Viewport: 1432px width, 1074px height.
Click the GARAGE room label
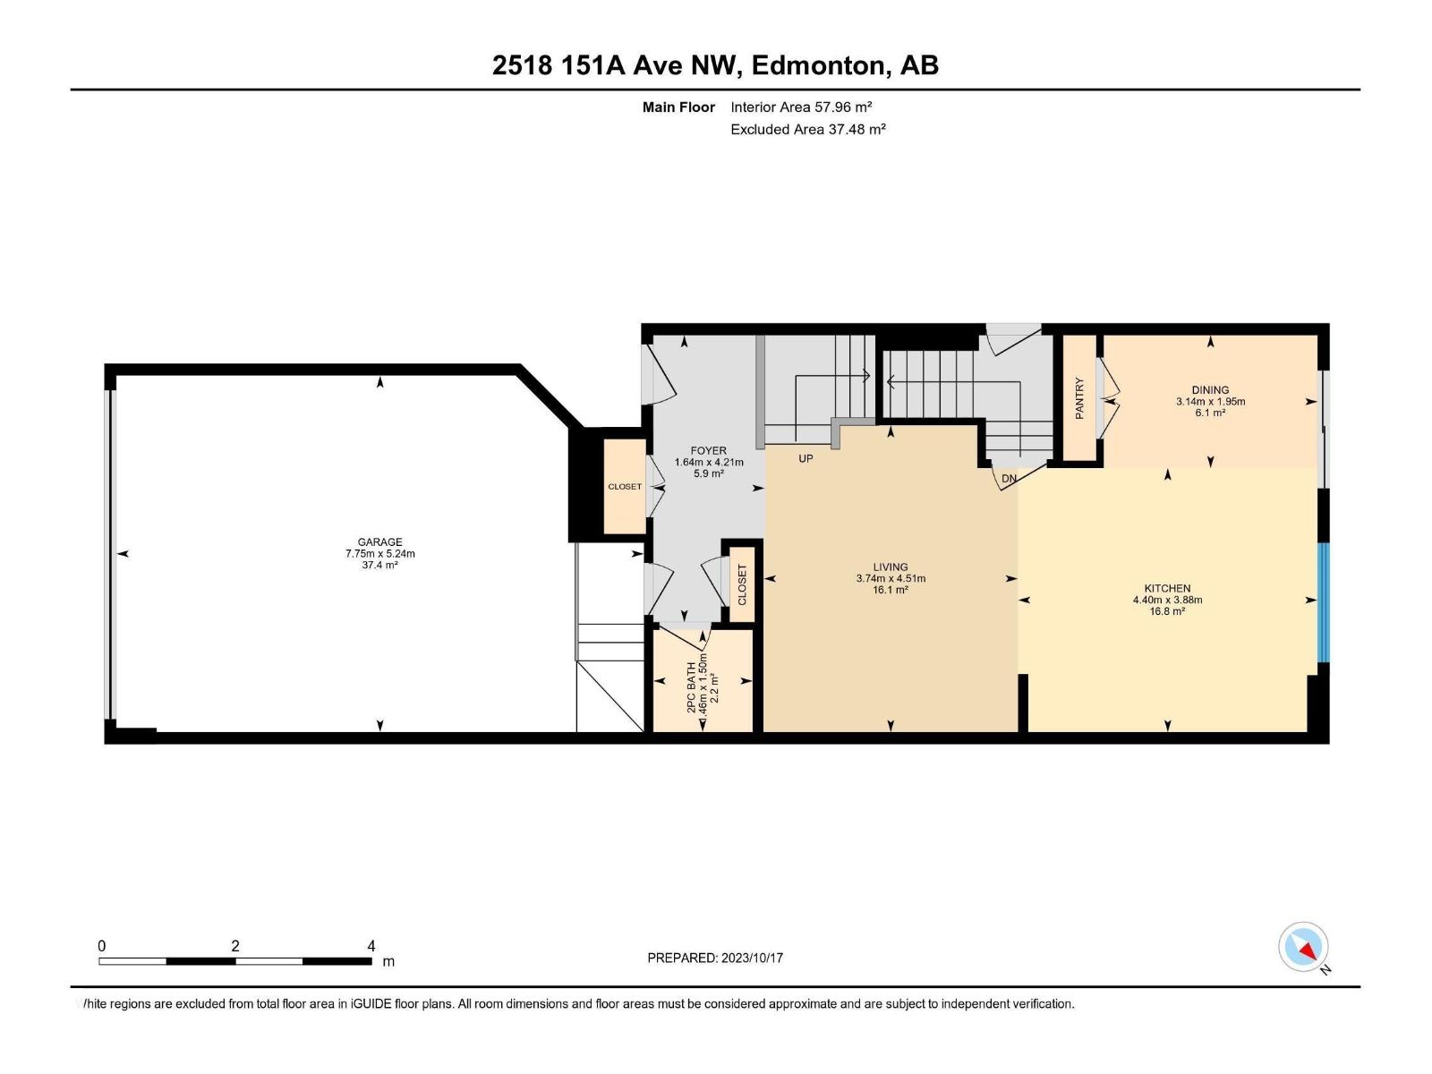(x=379, y=541)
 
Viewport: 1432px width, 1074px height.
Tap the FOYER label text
(x=708, y=451)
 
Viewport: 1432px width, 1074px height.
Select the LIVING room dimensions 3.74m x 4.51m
(x=891, y=578)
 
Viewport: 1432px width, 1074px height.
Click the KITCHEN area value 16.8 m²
(x=1167, y=611)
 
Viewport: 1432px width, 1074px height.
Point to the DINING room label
(x=1210, y=390)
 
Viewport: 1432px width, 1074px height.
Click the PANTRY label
(x=1079, y=398)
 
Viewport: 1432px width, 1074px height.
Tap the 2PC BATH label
(x=691, y=687)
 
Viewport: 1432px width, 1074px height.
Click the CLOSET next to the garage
(x=625, y=487)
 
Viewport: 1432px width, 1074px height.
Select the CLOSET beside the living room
(x=742, y=585)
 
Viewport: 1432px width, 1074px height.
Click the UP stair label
(x=805, y=458)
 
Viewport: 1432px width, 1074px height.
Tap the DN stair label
(x=1009, y=479)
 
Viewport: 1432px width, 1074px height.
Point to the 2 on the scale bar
(x=234, y=946)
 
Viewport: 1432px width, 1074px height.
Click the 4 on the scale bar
(x=371, y=946)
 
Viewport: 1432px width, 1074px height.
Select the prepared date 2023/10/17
(x=751, y=958)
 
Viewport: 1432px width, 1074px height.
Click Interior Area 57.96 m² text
(x=801, y=107)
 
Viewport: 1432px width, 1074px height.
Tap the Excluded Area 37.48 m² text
(x=807, y=129)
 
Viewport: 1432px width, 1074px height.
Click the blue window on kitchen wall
(x=1324, y=601)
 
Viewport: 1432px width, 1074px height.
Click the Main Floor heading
(x=678, y=107)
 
